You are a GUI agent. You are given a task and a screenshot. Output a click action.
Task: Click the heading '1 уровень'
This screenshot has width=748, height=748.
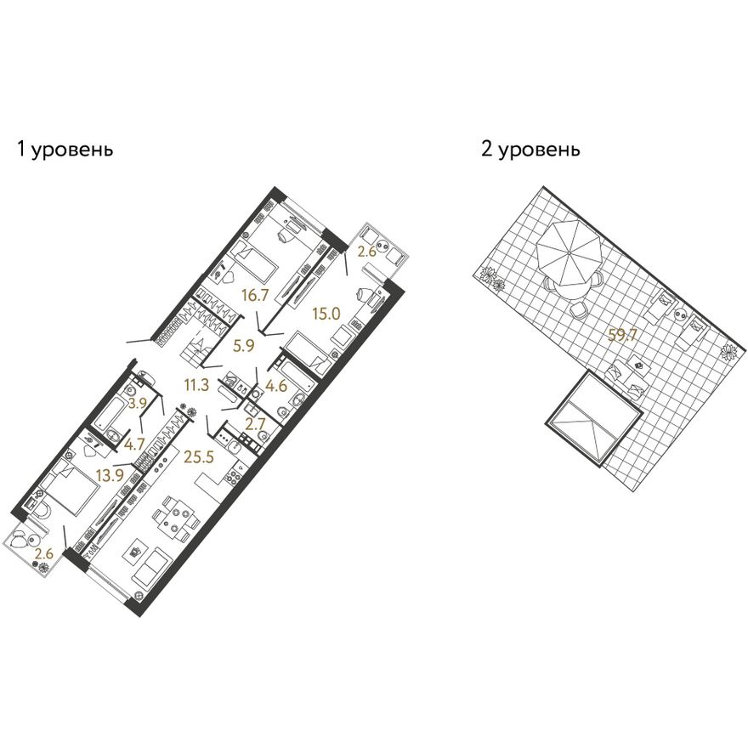(x=65, y=150)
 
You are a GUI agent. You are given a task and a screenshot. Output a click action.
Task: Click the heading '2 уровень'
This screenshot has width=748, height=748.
(x=531, y=150)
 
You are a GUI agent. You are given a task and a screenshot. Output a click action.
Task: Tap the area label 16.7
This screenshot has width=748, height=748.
(x=255, y=296)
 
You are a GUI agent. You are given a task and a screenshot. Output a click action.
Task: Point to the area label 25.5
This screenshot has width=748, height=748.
(x=199, y=457)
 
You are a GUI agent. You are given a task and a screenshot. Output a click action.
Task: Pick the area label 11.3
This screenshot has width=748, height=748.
(x=197, y=384)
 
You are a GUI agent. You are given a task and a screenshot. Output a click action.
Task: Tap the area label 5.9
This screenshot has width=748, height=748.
(x=243, y=346)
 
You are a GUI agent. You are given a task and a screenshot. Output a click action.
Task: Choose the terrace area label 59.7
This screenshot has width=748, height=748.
(x=623, y=336)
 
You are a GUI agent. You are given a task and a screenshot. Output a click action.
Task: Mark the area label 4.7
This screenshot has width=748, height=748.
(x=134, y=445)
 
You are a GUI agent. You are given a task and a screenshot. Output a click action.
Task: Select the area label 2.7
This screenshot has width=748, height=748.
(x=255, y=424)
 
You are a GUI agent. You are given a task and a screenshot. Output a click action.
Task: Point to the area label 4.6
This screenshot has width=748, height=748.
(x=276, y=385)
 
